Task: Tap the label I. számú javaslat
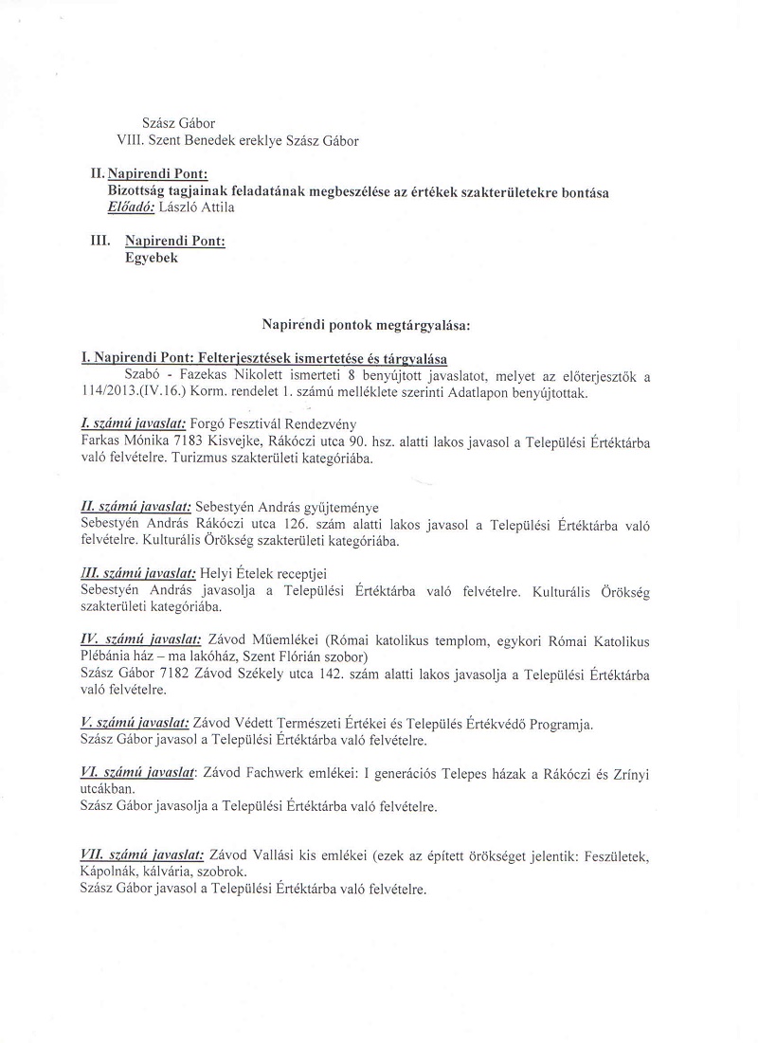[138, 423]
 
